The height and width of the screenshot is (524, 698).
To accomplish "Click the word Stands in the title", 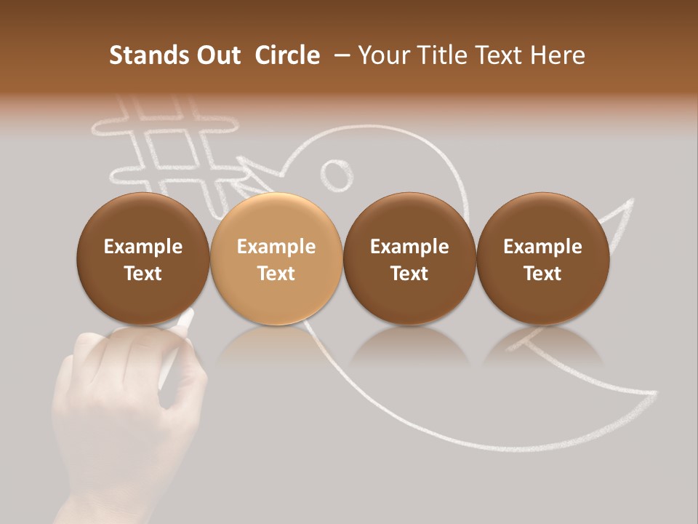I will [x=140, y=55].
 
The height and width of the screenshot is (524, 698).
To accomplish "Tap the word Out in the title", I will [x=217, y=55].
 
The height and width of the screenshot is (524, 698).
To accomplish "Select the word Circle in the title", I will [x=287, y=55].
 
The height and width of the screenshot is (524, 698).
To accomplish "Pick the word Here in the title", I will [x=558, y=55].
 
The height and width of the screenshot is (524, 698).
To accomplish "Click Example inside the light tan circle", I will [x=276, y=247].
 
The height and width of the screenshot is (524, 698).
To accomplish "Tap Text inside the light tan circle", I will [x=276, y=274].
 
